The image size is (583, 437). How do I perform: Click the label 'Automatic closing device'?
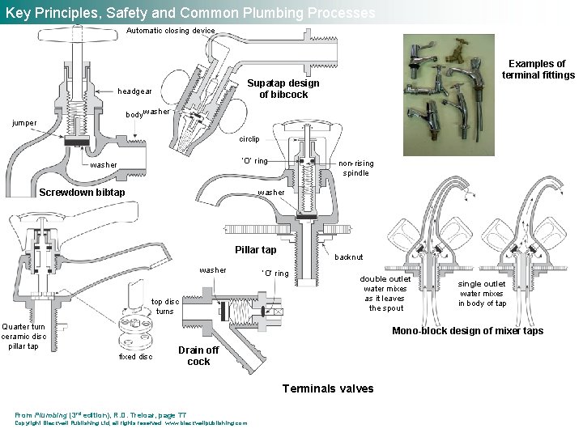tap(171, 31)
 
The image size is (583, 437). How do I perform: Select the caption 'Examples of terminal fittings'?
tap(538, 70)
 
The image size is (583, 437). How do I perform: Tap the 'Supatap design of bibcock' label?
tap(283, 89)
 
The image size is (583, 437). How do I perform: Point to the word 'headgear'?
tap(134, 91)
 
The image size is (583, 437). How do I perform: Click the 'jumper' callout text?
tap(23, 124)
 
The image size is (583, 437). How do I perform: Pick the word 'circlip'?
tap(249, 139)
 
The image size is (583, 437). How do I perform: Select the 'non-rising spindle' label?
tap(355, 167)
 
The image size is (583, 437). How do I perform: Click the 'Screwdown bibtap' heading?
tap(82, 193)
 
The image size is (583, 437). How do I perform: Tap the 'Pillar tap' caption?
tap(255, 250)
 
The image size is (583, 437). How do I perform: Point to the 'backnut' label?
tap(349, 257)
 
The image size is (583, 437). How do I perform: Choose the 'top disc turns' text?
tap(165, 306)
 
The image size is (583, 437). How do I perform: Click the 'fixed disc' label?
tap(134, 356)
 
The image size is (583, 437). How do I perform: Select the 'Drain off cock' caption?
tap(198, 355)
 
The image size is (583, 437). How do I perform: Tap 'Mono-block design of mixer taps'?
tap(467, 330)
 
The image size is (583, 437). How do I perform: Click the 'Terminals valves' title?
tap(327, 388)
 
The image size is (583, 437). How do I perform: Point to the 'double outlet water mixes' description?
tap(385, 293)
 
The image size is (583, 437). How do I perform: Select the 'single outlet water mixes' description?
tap(482, 293)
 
